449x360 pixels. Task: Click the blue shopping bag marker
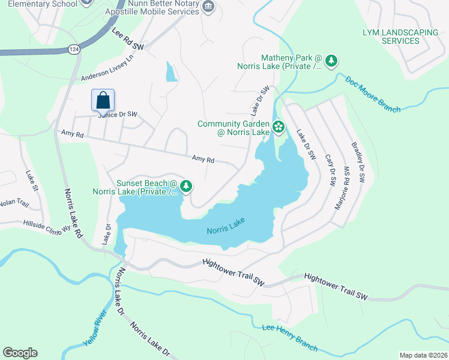click(x=103, y=100)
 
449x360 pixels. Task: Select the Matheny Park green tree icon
click(x=330, y=61)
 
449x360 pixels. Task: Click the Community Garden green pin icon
click(x=278, y=127)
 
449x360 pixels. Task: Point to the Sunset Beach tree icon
click(x=187, y=186)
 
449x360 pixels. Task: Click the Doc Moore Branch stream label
click(x=372, y=94)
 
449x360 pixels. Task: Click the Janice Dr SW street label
click(x=117, y=114)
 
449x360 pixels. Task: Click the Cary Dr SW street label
click(x=329, y=163)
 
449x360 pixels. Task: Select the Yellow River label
click(x=95, y=328)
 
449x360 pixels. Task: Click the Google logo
click(x=20, y=353)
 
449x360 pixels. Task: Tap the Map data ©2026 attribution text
click(x=423, y=355)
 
